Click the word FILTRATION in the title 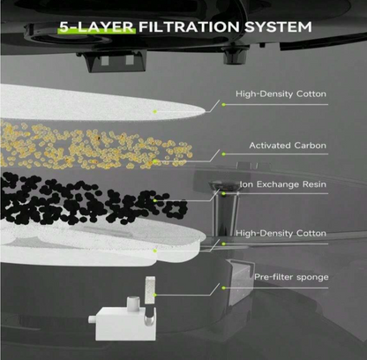coord(189,26)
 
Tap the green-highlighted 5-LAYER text coord(96,26)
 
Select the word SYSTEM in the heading coord(278,26)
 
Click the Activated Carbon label coord(288,146)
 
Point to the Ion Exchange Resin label coord(283,184)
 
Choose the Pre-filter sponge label coord(291,277)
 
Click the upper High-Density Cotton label coord(281,94)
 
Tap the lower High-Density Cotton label coord(281,234)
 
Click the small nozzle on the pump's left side coord(92,319)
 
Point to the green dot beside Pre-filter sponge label coord(224,288)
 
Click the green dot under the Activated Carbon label coord(224,154)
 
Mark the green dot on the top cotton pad coord(155,111)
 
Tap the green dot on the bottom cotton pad coord(155,251)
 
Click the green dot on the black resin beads coord(155,200)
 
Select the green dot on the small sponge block coord(155,295)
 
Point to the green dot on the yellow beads coord(155,161)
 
